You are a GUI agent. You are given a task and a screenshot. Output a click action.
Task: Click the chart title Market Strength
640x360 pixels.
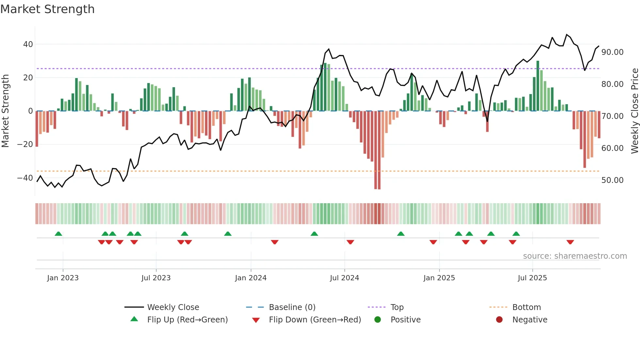point(47,9)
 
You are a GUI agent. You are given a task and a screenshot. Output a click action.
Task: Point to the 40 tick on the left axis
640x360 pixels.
point(28,44)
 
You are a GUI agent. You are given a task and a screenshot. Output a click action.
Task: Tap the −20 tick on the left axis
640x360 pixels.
point(25,144)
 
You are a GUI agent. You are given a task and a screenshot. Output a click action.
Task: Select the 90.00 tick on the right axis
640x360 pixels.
point(612,52)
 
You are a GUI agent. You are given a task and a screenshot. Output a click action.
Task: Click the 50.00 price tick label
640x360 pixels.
point(612,180)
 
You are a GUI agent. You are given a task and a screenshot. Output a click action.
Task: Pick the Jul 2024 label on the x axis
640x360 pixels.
point(344,278)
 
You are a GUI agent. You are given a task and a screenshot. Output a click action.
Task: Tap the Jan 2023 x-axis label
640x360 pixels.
point(63,278)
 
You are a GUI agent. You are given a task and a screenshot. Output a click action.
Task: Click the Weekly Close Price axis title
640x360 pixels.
point(634,111)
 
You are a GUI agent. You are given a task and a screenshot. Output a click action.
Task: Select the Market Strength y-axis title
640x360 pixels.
point(5,111)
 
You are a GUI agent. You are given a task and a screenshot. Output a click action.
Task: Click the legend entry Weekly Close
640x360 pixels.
point(173,307)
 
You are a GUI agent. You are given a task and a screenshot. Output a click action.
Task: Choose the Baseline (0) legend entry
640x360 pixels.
point(292,307)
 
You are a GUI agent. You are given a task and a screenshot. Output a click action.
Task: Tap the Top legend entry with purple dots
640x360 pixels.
point(397,307)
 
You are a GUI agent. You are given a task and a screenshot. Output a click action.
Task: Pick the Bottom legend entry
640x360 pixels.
point(526,307)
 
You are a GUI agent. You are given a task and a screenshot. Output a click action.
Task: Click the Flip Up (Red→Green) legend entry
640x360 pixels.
point(187,320)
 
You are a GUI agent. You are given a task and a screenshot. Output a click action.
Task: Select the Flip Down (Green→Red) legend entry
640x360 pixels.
point(315,320)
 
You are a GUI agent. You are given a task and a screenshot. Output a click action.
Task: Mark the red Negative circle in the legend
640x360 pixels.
point(499,320)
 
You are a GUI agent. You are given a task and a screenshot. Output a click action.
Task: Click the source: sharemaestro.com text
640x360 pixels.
point(575,256)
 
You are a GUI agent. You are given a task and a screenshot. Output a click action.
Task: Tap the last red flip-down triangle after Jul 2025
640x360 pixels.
point(570,242)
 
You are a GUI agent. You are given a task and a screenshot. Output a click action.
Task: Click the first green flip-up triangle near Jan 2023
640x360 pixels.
point(58,234)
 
